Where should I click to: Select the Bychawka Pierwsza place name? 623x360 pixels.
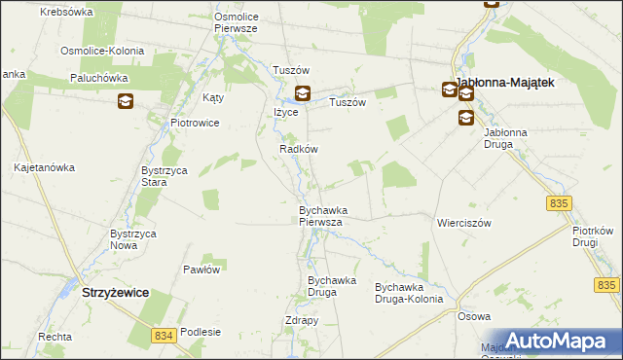click(x=320, y=215)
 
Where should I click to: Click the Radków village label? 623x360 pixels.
click(x=299, y=149)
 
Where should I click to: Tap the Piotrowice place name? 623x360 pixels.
click(x=195, y=123)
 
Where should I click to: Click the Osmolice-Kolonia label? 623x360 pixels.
click(x=102, y=51)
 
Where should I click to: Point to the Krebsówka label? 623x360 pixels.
click(x=67, y=12)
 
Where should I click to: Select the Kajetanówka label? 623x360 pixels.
click(x=45, y=167)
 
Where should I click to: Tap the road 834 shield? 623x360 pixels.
click(x=165, y=335)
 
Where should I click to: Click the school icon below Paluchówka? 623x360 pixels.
click(x=126, y=100)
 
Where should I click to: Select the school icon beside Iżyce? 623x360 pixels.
click(x=303, y=94)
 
